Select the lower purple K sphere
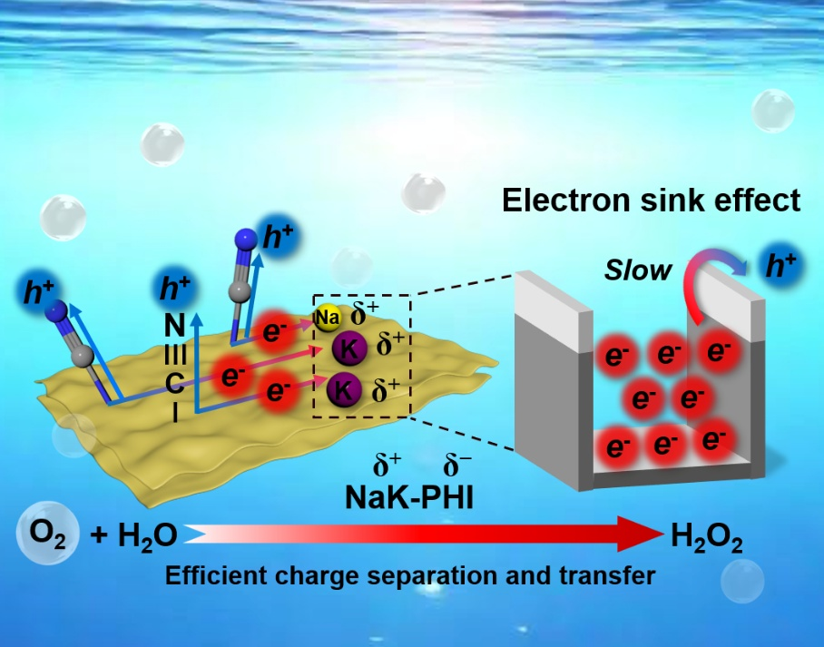pyautogui.click(x=344, y=389)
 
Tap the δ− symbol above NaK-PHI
pyautogui.click(x=456, y=467)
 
